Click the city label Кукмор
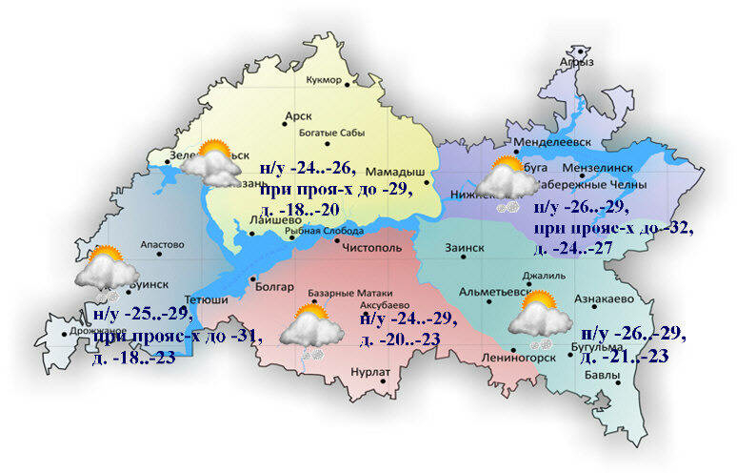322,80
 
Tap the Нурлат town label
369,371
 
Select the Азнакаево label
604,299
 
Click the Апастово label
161,245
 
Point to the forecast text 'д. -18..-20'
300,210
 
